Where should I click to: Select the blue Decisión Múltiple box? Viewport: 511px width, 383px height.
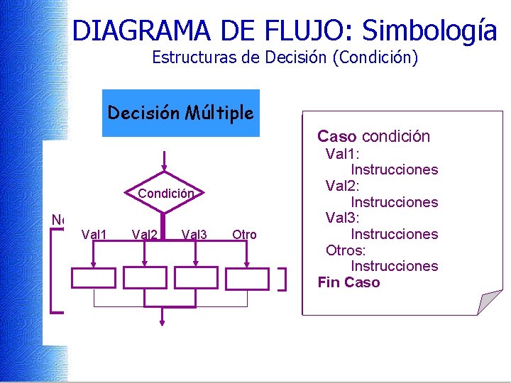coord(181,113)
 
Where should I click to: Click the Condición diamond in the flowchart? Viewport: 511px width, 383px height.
coord(165,192)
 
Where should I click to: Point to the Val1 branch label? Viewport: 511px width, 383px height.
coord(94,235)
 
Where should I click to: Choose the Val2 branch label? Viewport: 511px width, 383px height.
coord(145,235)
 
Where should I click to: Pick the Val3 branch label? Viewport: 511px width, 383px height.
coord(194,235)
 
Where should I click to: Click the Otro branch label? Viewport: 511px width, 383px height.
coord(244,235)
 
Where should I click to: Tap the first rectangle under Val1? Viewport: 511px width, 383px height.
coord(94,278)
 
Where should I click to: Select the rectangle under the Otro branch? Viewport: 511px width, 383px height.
coord(247,278)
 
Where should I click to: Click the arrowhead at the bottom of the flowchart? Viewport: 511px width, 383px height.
coord(163,323)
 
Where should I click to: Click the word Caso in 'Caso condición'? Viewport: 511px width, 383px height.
coord(336,136)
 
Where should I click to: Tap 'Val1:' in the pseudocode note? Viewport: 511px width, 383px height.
coord(343,154)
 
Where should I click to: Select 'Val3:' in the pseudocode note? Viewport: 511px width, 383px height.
coord(343,218)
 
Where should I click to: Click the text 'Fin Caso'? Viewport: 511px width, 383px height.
coord(348,282)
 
